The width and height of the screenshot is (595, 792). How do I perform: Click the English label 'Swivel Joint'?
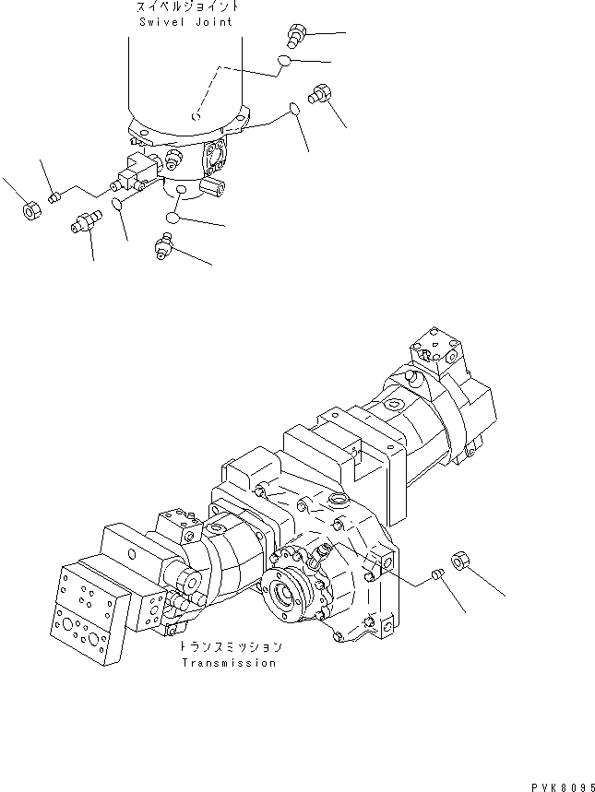click(x=188, y=21)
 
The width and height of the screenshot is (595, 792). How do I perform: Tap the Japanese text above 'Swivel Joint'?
click(x=188, y=8)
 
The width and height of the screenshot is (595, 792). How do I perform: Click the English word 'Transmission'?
click(x=228, y=663)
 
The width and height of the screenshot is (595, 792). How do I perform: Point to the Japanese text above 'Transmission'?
click(x=231, y=648)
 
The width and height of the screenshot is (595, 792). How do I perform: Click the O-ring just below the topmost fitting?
click(x=285, y=62)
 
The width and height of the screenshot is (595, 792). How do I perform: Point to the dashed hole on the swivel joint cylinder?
click(x=196, y=116)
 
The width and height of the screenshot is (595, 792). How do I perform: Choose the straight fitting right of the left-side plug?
click(x=85, y=222)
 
